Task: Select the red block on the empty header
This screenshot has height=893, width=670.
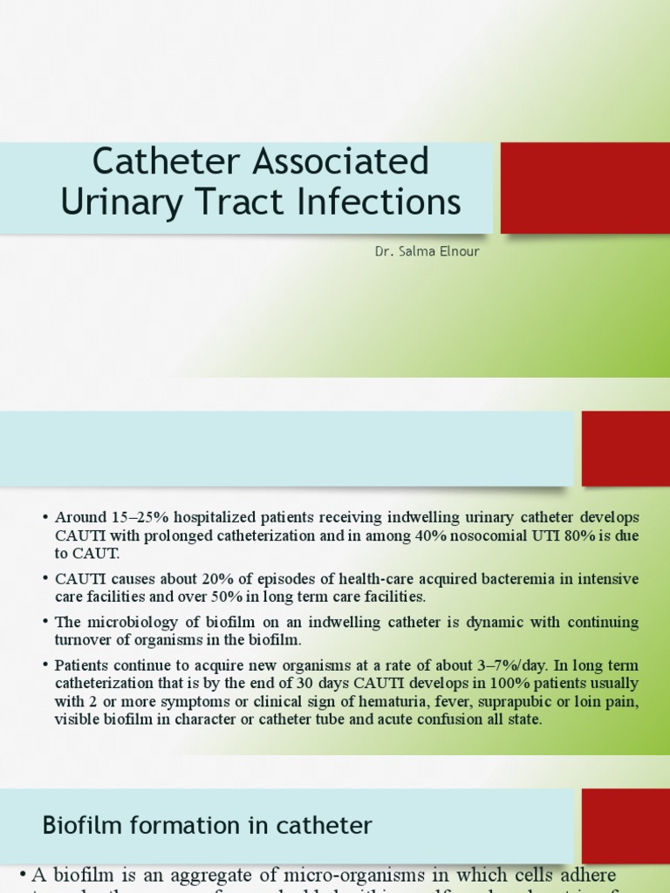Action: coord(626,448)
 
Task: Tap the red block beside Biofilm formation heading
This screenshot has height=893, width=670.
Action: coord(626,825)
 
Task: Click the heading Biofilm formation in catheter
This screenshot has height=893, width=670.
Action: coord(208,825)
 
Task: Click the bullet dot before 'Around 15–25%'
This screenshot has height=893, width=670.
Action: coord(44,518)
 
